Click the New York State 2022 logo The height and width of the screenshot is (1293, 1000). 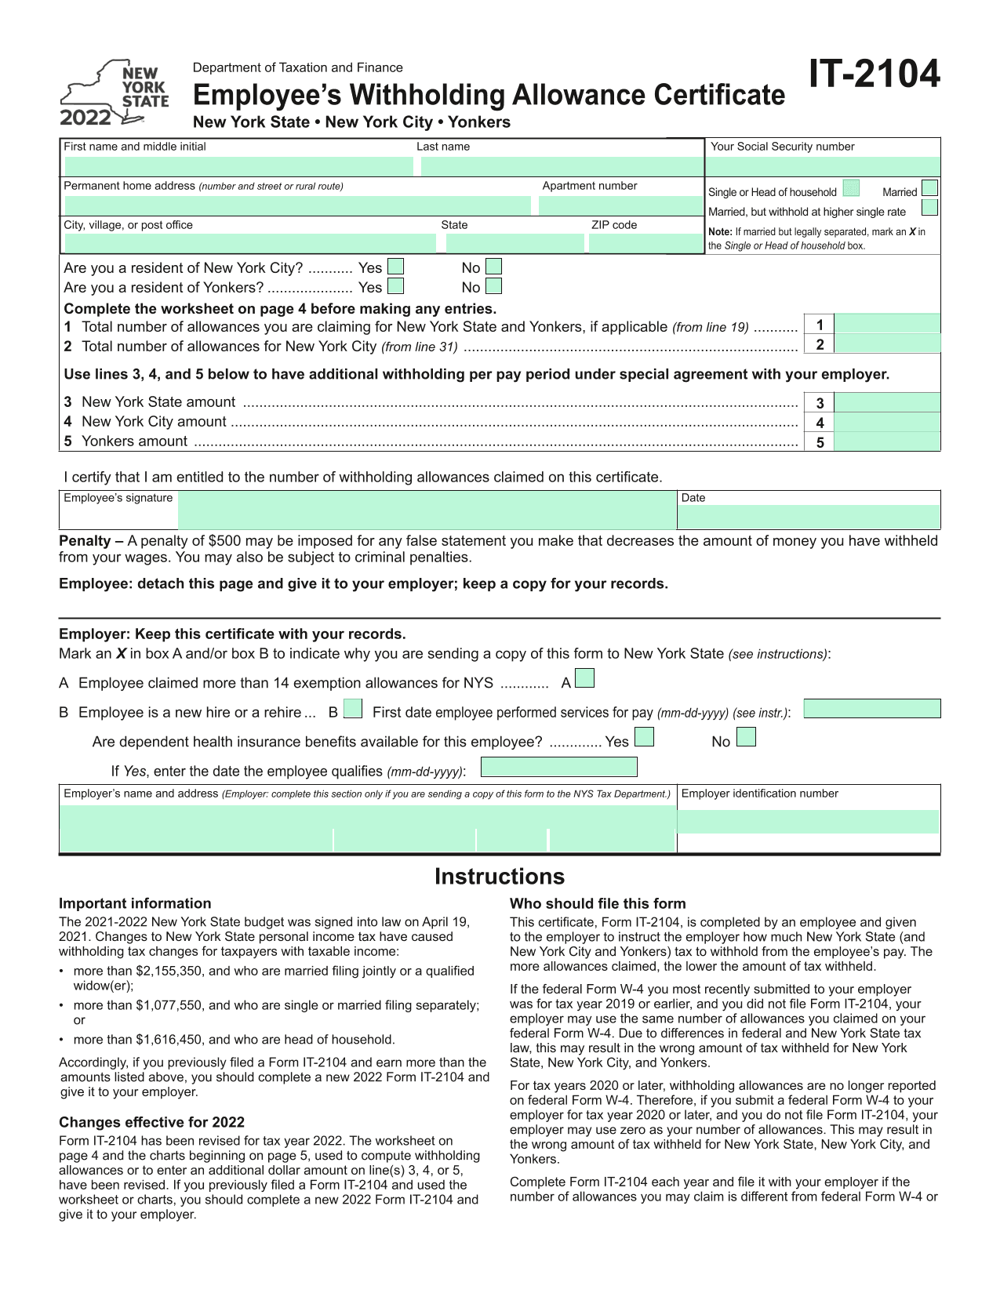coord(115,93)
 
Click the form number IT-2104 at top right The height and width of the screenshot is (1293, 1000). coord(874,74)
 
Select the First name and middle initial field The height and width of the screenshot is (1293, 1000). coord(238,166)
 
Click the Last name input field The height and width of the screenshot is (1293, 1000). coord(562,166)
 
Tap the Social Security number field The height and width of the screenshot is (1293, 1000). coord(822,166)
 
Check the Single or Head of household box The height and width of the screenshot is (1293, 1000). coord(851,189)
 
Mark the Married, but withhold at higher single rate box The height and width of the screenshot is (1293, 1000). coord(929,208)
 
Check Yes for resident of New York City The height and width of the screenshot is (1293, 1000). coord(396,267)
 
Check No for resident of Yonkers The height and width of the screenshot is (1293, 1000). coord(493,286)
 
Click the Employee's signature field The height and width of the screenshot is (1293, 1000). coord(427,510)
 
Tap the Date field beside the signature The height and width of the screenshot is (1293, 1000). coord(808,517)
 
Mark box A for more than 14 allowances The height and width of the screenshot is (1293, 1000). coord(584,678)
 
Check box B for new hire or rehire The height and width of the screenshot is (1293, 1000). coord(353,709)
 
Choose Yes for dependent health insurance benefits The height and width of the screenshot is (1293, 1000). coord(644,738)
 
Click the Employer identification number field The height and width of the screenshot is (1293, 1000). coord(808,821)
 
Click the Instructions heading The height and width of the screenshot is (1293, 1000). coord(500,877)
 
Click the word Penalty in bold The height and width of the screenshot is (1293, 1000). coord(85,541)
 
